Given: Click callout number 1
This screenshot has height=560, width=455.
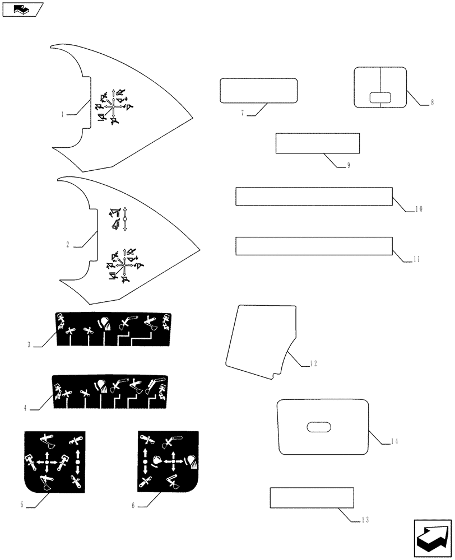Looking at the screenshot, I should click(63, 114).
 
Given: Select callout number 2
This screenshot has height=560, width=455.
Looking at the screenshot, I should click(68, 245).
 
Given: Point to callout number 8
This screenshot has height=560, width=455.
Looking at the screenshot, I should click(432, 104).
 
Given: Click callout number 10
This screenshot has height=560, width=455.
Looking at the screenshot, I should click(418, 209).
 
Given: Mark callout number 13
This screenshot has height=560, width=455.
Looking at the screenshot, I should click(365, 520).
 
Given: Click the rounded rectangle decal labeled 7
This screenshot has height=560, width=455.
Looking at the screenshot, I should click(258, 91).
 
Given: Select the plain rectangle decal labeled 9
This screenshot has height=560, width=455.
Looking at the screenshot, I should click(317, 143).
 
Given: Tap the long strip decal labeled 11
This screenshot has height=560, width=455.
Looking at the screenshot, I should click(314, 246).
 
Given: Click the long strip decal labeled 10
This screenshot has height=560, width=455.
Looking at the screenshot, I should click(314, 197).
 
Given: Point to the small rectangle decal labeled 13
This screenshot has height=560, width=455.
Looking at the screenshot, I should click(312, 497).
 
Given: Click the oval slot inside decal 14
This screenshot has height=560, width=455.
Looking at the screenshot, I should click(319, 428).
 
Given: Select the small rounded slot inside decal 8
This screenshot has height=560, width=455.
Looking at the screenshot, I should click(380, 97).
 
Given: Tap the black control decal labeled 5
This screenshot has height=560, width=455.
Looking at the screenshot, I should click(54, 462).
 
